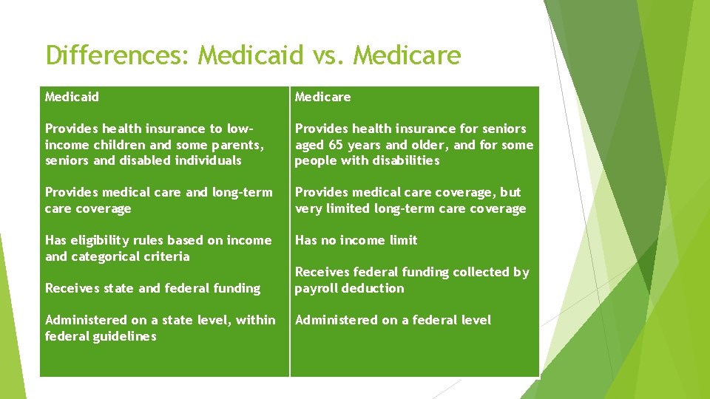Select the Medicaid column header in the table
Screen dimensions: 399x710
pyautogui.click(x=72, y=97)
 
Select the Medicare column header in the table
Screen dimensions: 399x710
pyautogui.click(x=323, y=97)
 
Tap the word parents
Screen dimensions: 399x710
pyautogui.click(x=234, y=145)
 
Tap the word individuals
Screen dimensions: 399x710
pyautogui.click(x=207, y=160)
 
